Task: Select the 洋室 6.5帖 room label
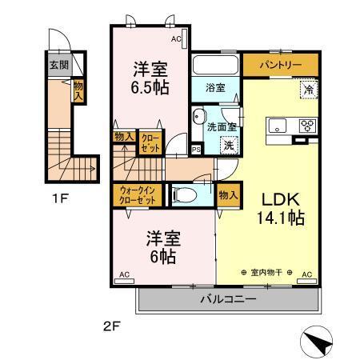click(x=150, y=78)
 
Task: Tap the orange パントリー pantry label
click(x=280, y=64)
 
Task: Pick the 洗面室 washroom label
click(x=221, y=126)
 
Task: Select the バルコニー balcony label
click(x=228, y=300)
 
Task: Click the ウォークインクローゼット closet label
click(x=135, y=196)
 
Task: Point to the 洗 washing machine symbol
click(x=229, y=146)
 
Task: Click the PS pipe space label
click(x=196, y=149)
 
